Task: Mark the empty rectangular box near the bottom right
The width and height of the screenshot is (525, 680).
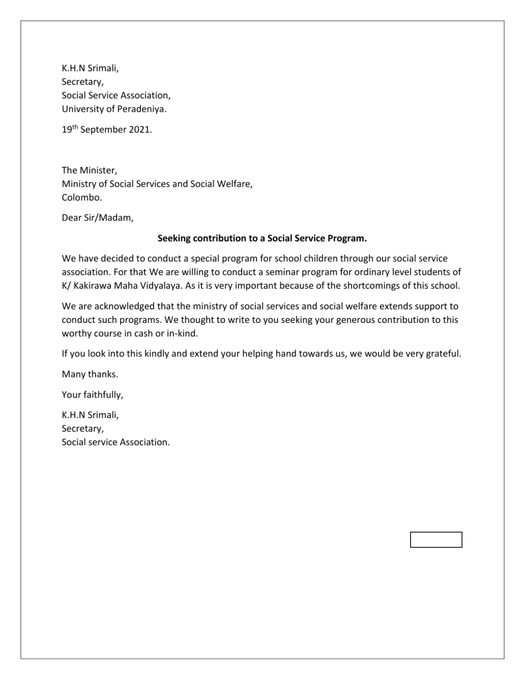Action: click(x=436, y=540)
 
